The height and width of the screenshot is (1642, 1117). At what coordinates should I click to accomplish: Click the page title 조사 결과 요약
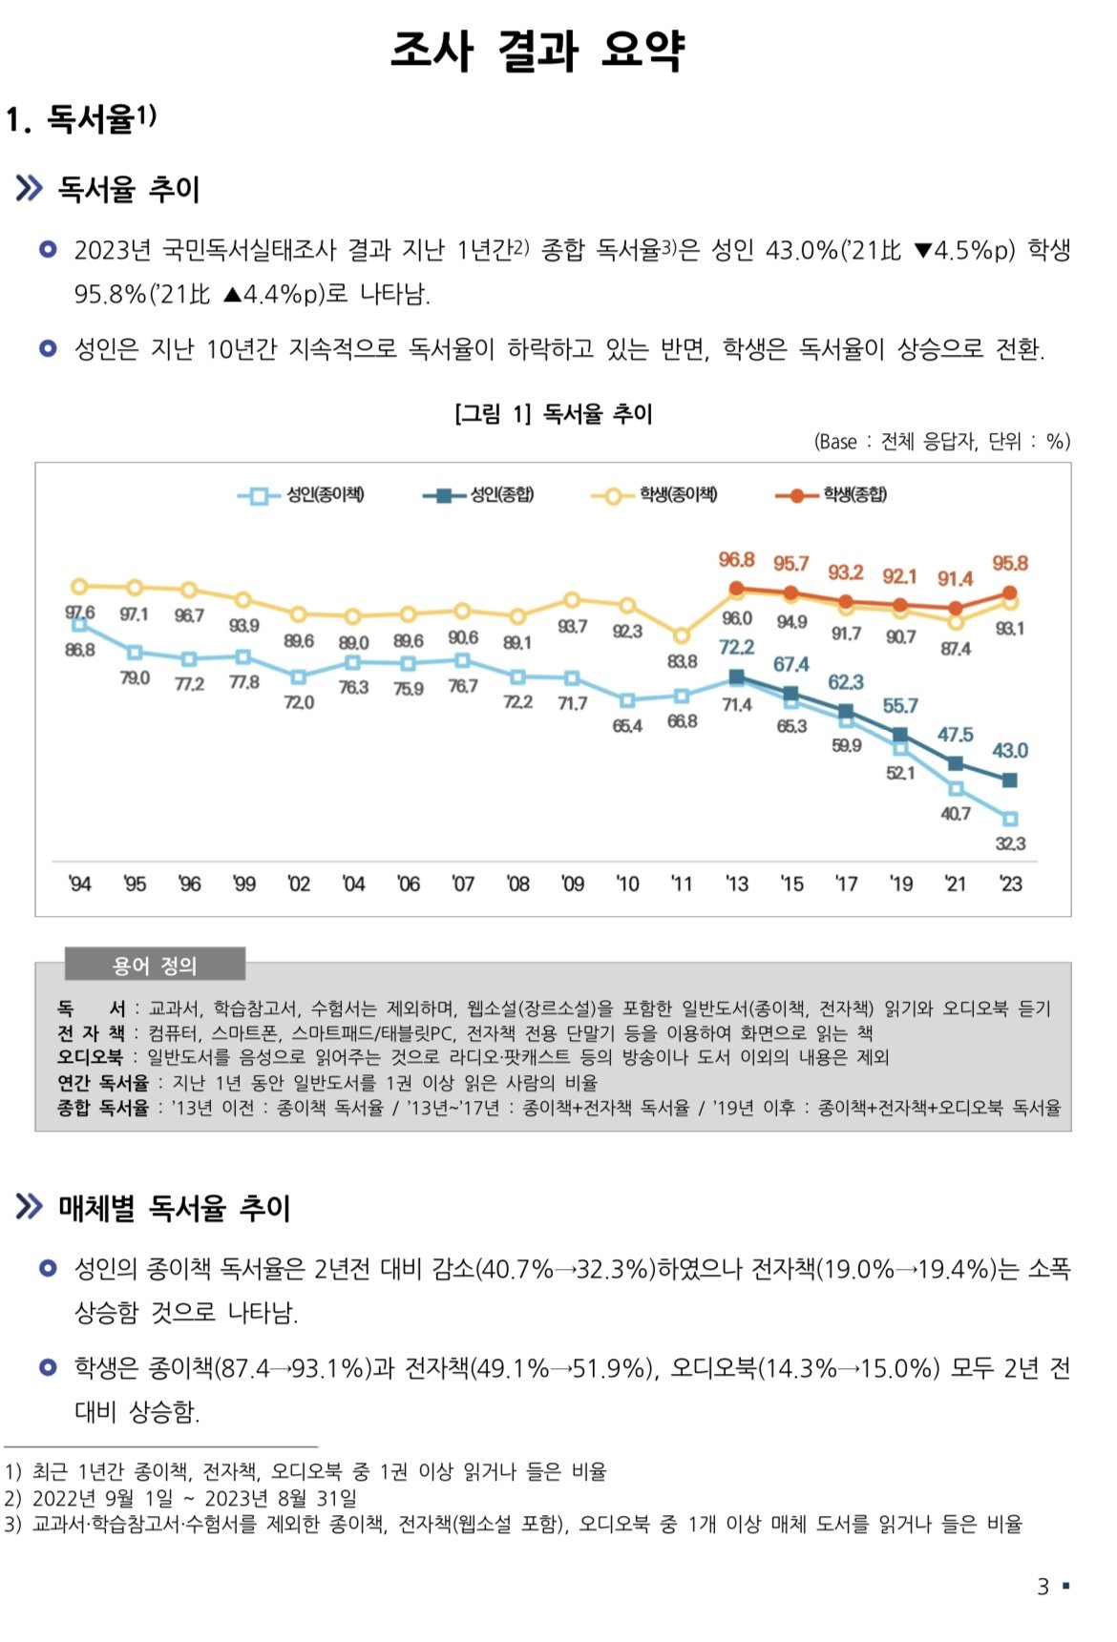coord(537,51)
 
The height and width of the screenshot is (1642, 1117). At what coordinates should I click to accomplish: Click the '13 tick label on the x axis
coord(736,883)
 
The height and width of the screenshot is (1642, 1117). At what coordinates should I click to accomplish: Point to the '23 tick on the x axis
coord(1010,883)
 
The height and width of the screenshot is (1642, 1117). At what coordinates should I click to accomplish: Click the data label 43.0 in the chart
coord(1009,750)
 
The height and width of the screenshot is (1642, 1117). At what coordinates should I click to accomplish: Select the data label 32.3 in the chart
coord(1010,843)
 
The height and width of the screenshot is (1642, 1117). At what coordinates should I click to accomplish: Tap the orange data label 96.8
coord(736,560)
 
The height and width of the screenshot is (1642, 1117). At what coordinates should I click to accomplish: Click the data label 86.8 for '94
coord(80,650)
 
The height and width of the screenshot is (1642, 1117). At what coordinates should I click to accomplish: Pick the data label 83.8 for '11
coord(682,661)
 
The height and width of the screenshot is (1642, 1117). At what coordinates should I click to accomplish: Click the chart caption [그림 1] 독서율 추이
coord(554,414)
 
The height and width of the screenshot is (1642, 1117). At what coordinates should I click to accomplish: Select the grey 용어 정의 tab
coord(155,966)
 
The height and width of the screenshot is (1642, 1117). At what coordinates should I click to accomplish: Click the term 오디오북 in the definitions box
coord(90,1057)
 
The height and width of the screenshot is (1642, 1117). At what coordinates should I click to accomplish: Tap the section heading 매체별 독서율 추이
coord(174,1208)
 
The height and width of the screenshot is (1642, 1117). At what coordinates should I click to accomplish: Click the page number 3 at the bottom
coord(1043,1587)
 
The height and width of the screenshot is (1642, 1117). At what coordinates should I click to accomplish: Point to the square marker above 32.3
coord(1010,819)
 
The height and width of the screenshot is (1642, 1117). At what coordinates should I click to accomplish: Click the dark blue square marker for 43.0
coord(1010,780)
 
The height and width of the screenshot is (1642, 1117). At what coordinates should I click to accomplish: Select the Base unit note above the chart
coord(941,441)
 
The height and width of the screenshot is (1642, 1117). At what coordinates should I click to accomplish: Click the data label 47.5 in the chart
coord(955,735)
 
